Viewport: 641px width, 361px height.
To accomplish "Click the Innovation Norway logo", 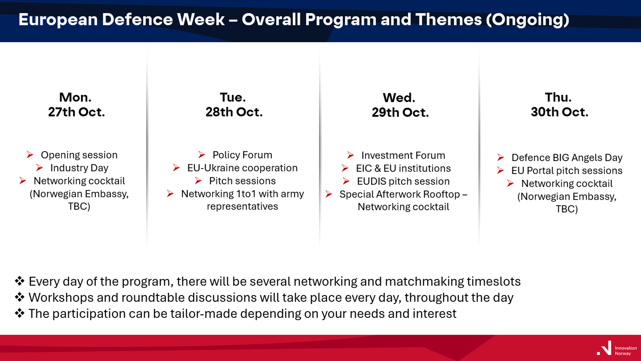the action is pos(617,349).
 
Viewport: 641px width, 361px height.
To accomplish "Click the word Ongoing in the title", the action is pos(527,20).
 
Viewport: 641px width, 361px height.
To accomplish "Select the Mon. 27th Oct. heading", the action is pos(76,105).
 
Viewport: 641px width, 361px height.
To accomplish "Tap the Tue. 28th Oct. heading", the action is pos(234,105).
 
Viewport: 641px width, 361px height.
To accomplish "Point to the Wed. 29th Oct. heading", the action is pos(400,105).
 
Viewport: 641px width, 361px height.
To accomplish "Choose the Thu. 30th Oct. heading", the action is pos(560,105).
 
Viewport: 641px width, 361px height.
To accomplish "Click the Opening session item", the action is pos(79,155).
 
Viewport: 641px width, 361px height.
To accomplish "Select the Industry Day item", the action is pos(79,168).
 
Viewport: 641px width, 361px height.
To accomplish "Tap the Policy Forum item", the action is pos(242,155).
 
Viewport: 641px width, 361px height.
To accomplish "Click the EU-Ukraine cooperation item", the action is pos(242,168).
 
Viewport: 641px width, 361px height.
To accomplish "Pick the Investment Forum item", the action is pos(403,155).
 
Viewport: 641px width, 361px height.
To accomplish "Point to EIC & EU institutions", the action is pos(403,168).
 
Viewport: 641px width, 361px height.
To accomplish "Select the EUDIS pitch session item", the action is pos(403,181).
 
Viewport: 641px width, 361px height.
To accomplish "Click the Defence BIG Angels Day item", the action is pos(567,158).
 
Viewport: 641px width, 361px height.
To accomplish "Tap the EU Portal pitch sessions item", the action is pos(567,171).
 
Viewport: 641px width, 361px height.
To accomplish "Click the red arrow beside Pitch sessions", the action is pos(198,181).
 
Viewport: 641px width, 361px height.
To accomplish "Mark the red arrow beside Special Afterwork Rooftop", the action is pos(329,194).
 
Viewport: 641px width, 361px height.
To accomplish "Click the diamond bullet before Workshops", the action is pos(20,297).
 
